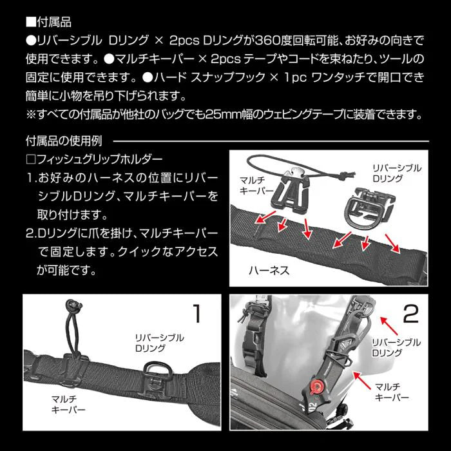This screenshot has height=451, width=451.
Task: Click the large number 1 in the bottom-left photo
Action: coord(198,314)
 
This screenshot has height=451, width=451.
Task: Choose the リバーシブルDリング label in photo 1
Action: coord(159,343)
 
